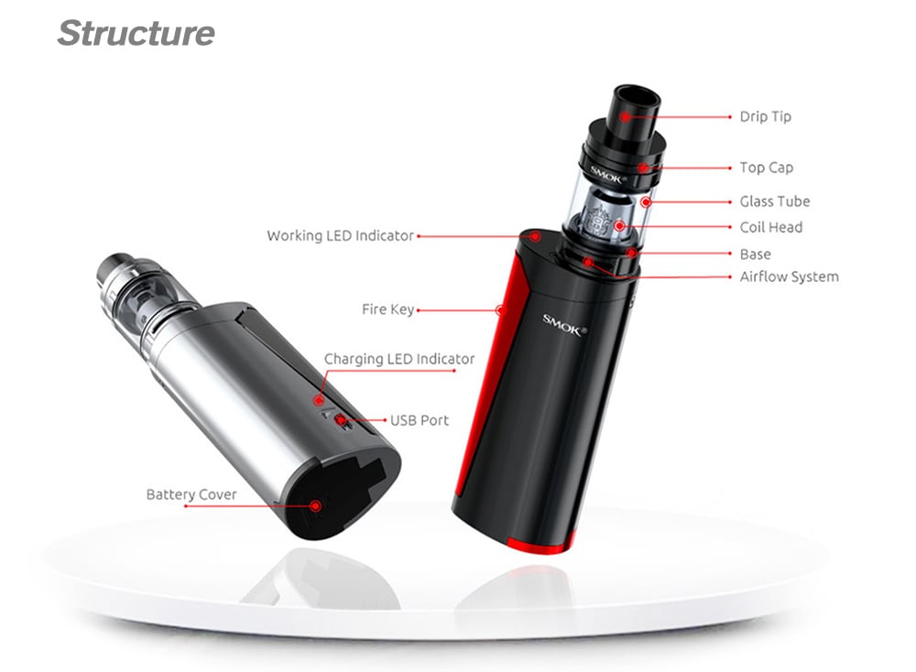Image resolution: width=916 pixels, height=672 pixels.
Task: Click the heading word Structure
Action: click(x=136, y=34)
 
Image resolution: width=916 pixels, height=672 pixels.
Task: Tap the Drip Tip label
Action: click(x=765, y=117)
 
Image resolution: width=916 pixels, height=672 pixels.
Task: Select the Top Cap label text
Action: click(x=766, y=168)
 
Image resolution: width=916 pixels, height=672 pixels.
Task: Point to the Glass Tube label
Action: click(x=774, y=201)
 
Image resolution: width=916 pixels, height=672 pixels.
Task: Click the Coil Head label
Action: click(x=770, y=227)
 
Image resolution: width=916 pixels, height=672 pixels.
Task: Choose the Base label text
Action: click(x=755, y=255)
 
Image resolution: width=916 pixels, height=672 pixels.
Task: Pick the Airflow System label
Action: click(x=789, y=276)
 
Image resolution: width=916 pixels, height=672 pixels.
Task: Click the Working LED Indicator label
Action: click(x=340, y=236)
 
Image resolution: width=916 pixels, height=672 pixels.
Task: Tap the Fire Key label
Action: click(x=387, y=310)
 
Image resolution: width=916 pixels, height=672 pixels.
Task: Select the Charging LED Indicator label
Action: click(x=399, y=359)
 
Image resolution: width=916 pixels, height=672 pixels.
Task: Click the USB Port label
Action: click(x=420, y=421)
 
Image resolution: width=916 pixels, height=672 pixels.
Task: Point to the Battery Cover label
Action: click(x=191, y=495)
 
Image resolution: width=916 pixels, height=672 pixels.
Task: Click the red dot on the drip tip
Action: click(x=625, y=117)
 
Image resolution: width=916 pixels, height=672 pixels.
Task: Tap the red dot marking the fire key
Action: click(x=500, y=310)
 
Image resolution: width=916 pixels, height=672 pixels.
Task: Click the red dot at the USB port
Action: click(x=341, y=421)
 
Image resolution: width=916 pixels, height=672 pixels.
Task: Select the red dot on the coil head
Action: click(x=619, y=225)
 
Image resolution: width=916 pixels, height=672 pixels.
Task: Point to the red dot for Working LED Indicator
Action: click(x=534, y=235)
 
